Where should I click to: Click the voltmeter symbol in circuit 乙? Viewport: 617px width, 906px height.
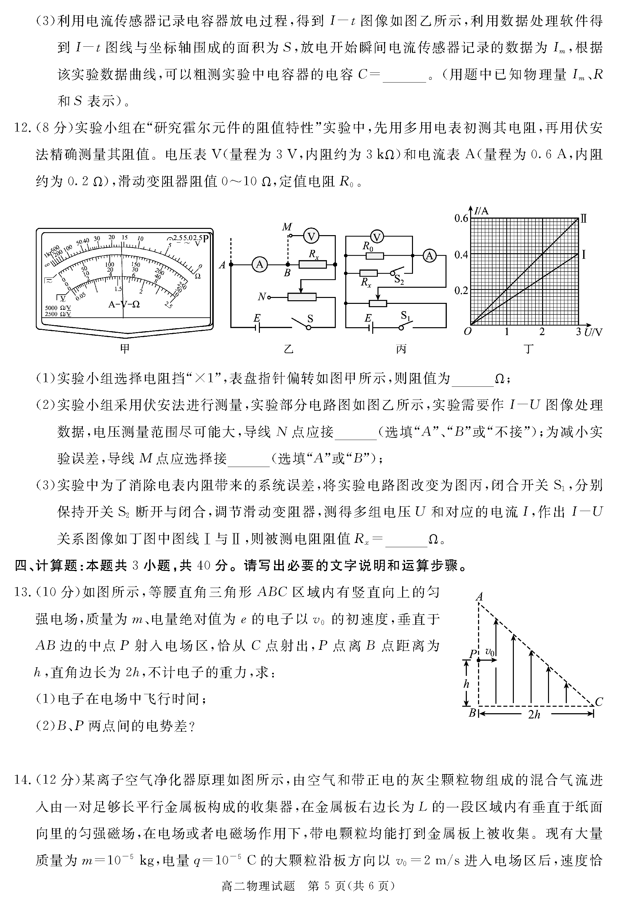click(311, 236)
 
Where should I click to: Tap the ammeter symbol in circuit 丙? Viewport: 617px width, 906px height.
click(429, 256)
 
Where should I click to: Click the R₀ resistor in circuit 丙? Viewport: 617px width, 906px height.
click(375, 256)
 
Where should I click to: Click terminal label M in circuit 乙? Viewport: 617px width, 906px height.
click(287, 227)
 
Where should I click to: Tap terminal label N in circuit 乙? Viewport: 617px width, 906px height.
click(262, 297)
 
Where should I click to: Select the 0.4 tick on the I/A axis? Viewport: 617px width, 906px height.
click(461, 255)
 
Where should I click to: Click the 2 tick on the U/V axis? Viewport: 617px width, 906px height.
click(542, 332)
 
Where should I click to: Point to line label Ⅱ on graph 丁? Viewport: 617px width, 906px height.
click(583, 219)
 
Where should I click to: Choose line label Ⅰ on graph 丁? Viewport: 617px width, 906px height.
click(583, 255)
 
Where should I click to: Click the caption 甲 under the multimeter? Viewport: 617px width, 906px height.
click(125, 349)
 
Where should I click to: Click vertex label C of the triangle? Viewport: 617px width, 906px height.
click(599, 702)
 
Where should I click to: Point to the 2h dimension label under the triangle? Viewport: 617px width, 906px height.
click(534, 714)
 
